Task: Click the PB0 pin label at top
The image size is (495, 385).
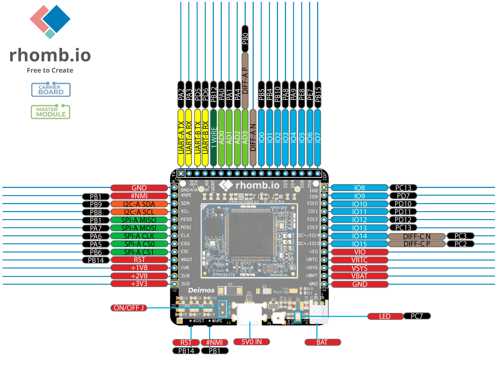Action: tap(245, 38)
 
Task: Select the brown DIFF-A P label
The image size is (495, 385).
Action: tap(245, 80)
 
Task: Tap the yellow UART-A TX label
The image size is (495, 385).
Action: tap(181, 138)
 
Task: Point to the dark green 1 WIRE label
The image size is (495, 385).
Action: tap(213, 138)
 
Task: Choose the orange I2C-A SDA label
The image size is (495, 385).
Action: tap(139, 204)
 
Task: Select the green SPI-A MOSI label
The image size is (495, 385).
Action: tap(139, 228)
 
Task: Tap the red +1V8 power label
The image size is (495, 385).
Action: tap(139, 268)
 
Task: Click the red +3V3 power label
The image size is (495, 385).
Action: tap(139, 284)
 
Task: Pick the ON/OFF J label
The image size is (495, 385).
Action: tap(129, 308)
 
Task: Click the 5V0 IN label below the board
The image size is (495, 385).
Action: tap(251, 342)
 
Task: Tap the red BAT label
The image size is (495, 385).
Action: tap(323, 342)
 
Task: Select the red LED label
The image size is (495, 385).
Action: tap(385, 316)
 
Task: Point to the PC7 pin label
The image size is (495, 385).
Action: tap(417, 316)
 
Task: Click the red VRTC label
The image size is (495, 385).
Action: tap(359, 260)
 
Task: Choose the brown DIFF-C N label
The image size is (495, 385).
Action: tap(417, 236)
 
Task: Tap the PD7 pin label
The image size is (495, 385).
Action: tap(403, 196)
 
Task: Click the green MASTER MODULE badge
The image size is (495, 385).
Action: tap(50, 112)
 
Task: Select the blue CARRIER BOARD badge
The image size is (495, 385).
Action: tap(51, 90)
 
